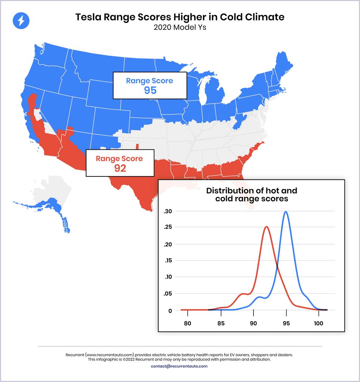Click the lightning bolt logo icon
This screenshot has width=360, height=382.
pyautogui.click(x=21, y=21)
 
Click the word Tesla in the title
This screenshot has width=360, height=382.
pyautogui.click(x=88, y=17)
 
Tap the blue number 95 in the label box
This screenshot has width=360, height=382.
pyautogui.click(x=150, y=90)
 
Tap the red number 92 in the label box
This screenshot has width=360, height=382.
pyautogui.click(x=120, y=168)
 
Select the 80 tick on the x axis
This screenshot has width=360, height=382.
pyautogui.click(x=187, y=323)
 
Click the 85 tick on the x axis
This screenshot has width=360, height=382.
pyautogui.click(x=220, y=323)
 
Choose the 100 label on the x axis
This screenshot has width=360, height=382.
pyautogui.click(x=319, y=323)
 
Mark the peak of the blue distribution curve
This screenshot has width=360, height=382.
pyautogui.click(x=286, y=212)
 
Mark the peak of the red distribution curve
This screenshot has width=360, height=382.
pyautogui.click(x=266, y=227)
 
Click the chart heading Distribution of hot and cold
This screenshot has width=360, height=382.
pyautogui.click(x=251, y=195)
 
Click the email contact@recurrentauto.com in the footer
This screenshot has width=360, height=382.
pyautogui.click(x=179, y=366)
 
